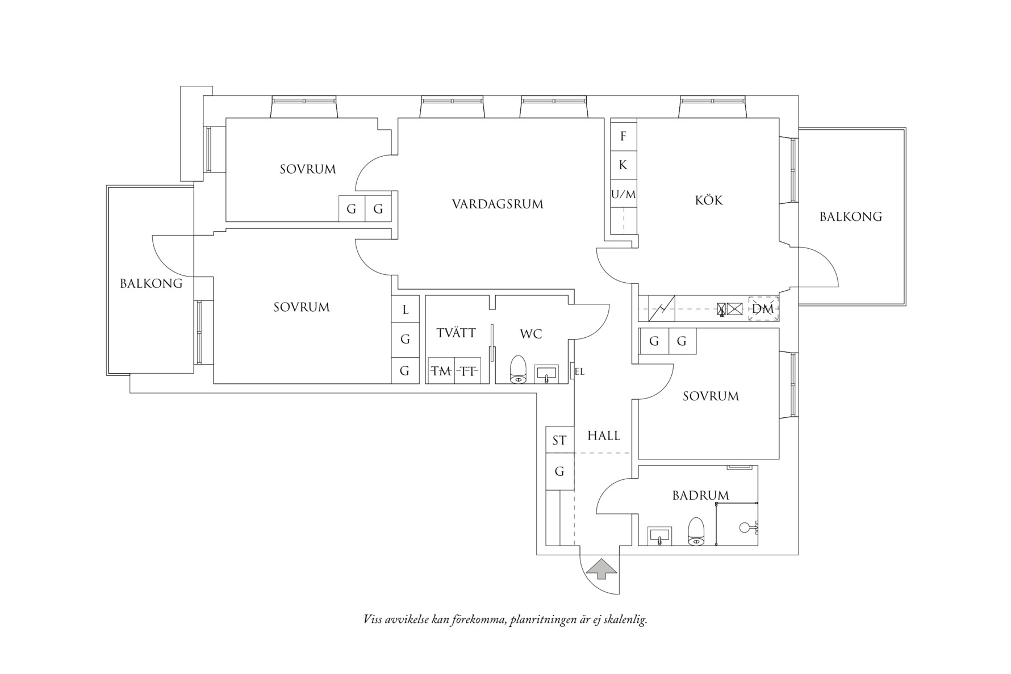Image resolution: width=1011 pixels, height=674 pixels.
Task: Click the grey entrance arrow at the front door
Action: tap(603, 568)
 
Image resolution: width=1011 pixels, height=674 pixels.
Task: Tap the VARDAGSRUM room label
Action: tap(498, 204)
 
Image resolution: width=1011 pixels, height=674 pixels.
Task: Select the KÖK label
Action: tap(708, 200)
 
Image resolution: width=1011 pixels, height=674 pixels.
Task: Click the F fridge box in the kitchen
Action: tap(623, 136)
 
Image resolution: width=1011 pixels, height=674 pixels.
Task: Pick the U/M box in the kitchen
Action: tap(623, 195)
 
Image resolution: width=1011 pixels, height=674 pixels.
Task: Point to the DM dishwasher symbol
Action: tap(762, 309)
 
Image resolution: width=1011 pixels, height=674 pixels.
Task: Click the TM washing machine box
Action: tap(441, 371)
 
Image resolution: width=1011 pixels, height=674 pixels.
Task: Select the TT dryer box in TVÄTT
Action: tap(468, 371)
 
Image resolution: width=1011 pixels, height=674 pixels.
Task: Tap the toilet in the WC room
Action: tap(518, 369)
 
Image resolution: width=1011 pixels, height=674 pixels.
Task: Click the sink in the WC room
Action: tap(546, 374)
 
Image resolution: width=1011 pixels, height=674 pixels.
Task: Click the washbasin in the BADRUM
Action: tap(659, 535)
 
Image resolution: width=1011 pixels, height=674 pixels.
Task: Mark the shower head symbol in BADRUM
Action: tap(745, 528)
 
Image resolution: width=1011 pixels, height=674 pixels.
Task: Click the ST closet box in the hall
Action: tap(559, 440)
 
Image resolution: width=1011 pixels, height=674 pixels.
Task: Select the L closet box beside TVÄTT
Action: tap(405, 310)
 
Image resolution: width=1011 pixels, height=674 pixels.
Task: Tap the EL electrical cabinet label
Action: tap(579, 372)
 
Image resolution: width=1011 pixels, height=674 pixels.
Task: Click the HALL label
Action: tap(603, 436)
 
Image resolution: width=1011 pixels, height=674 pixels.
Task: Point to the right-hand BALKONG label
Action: tap(850, 216)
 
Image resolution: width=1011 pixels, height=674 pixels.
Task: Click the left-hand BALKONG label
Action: tap(151, 283)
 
